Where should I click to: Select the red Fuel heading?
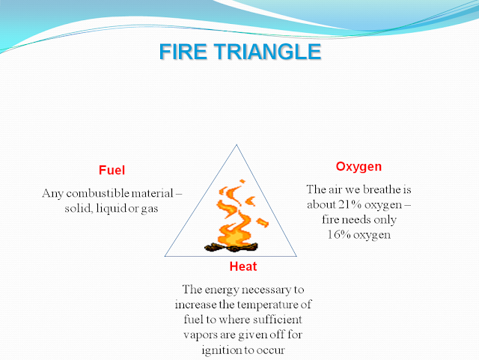(x=111, y=169)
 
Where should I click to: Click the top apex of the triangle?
(x=239, y=144)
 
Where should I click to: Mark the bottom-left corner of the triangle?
(x=166, y=256)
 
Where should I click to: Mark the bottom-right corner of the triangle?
(x=312, y=256)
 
